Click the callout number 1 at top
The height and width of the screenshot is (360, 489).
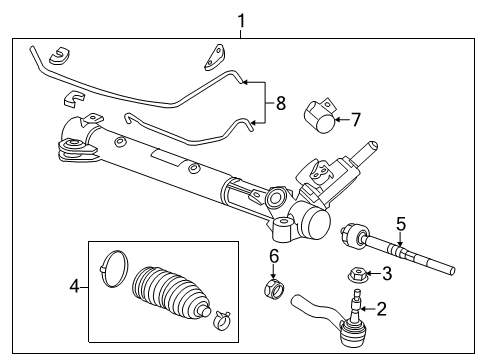tap(240, 19)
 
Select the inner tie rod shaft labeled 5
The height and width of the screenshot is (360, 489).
tap(400, 249)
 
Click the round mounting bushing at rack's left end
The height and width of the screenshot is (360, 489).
tap(74, 150)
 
